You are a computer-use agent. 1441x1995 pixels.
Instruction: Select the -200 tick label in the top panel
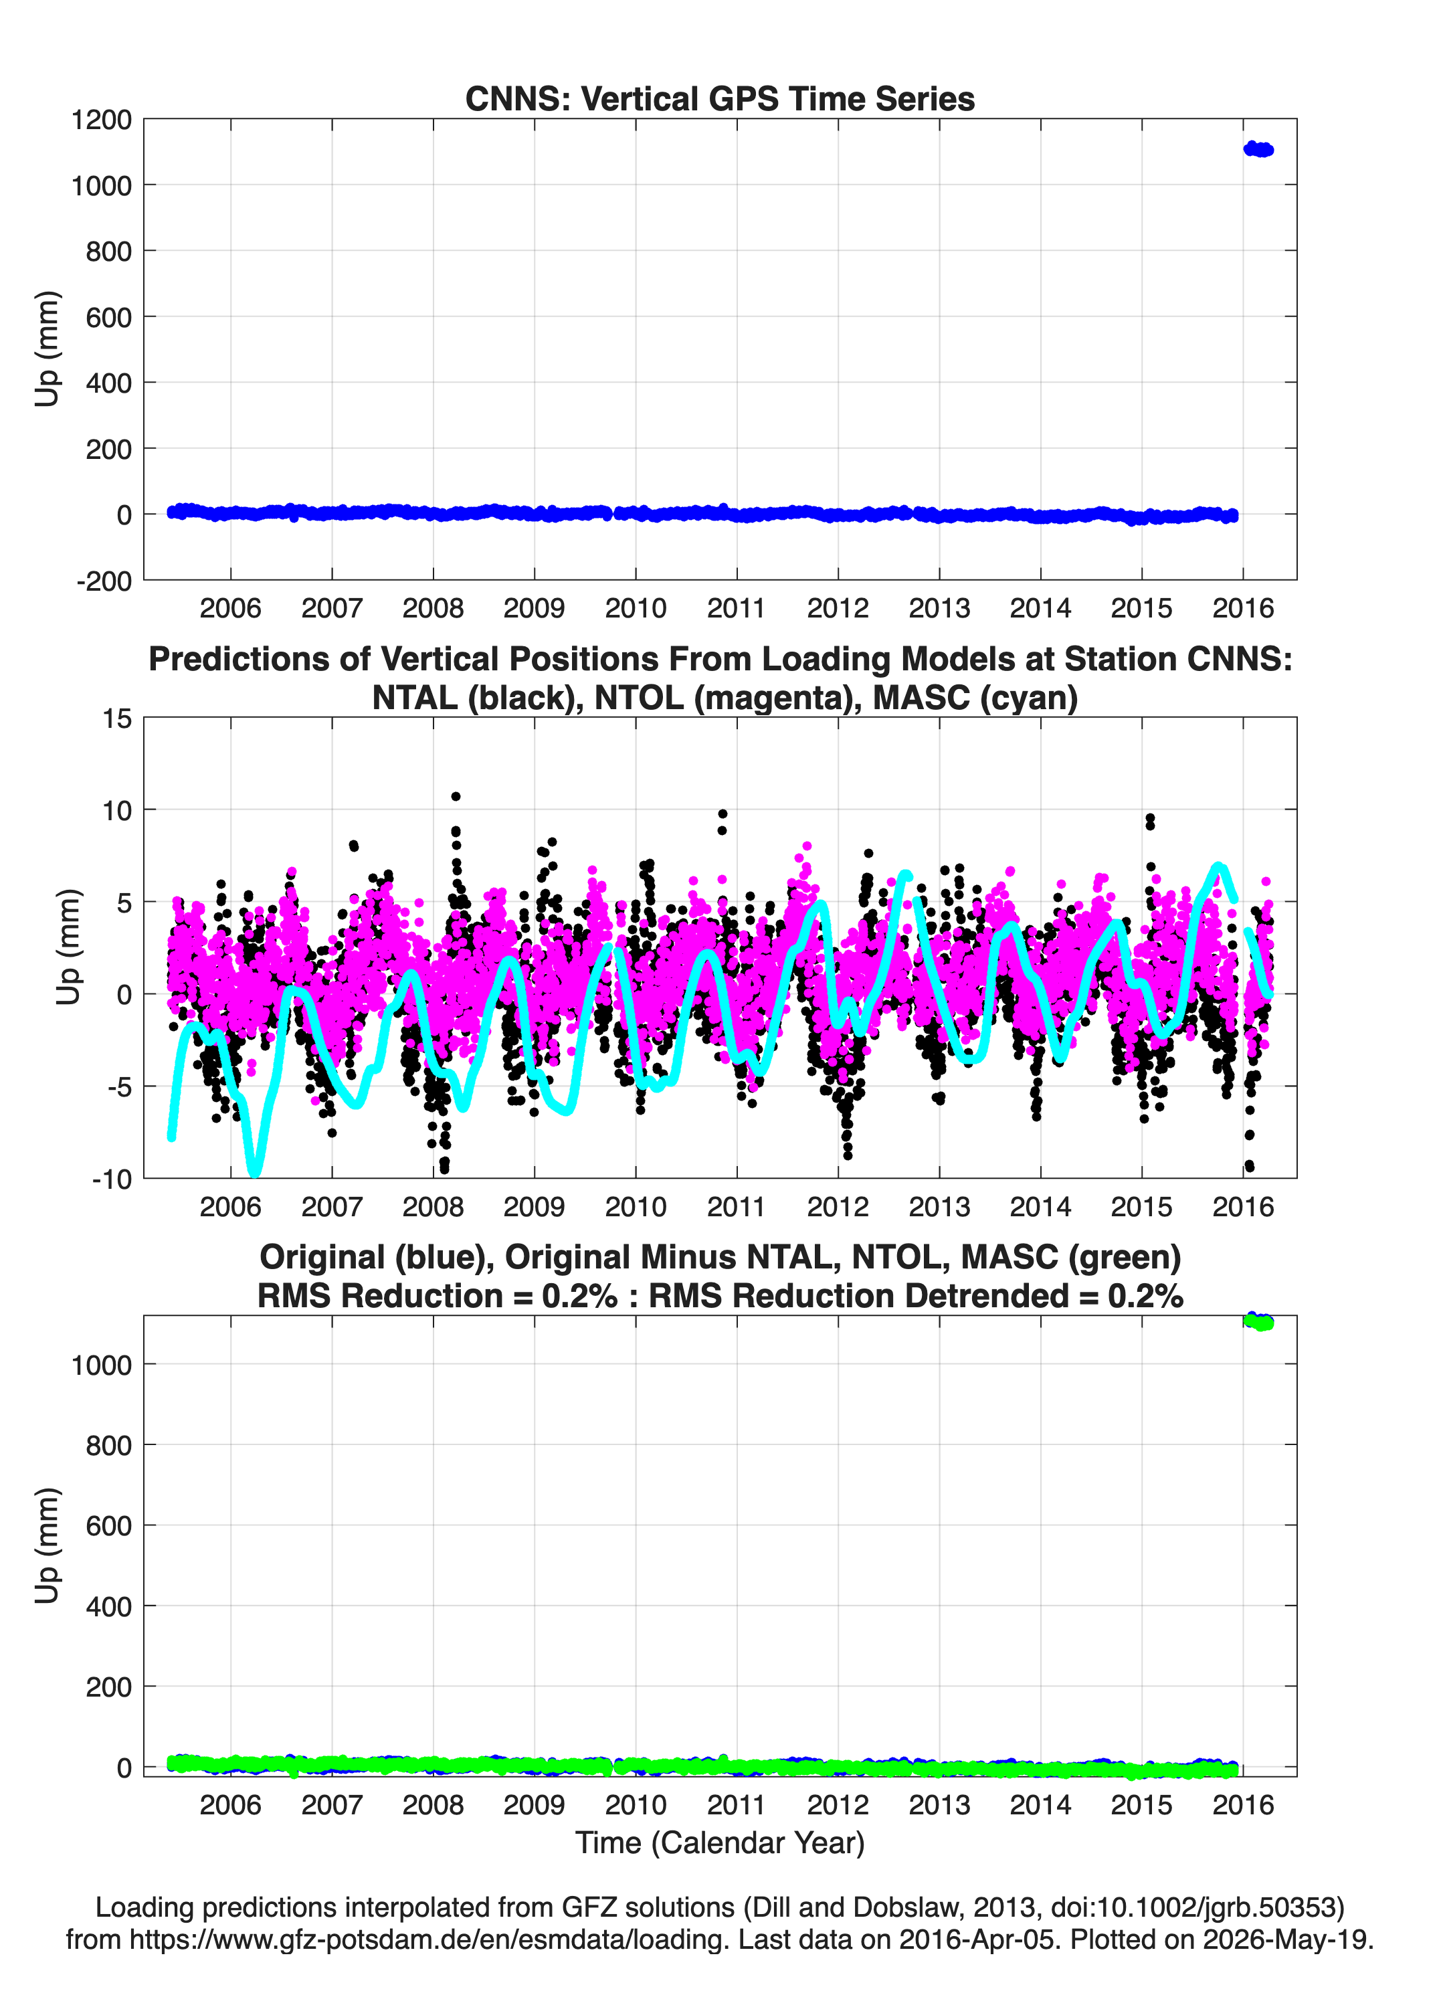(104, 581)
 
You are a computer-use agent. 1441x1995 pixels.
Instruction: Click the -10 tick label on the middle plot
(111, 1179)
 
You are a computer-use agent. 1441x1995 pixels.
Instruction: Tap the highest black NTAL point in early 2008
(456, 796)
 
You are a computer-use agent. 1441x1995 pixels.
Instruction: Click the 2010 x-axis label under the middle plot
(635, 1206)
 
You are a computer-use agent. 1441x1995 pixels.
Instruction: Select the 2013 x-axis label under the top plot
(939, 608)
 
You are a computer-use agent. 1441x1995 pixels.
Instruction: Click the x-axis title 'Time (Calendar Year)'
(720, 1843)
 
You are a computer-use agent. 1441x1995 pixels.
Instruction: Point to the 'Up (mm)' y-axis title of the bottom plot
(47, 1545)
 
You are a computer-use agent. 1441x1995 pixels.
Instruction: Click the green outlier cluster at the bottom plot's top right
(1259, 1322)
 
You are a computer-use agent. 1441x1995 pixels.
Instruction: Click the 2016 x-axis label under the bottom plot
(1242, 1804)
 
